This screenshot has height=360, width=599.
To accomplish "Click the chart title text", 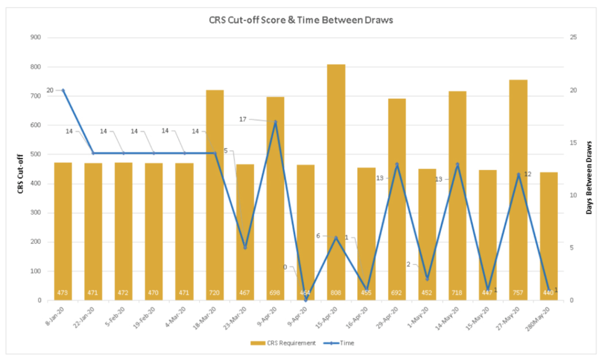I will click(x=300, y=20).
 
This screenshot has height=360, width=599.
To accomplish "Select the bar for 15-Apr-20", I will click(x=336, y=181).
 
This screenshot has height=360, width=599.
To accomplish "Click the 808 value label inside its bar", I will click(x=336, y=293).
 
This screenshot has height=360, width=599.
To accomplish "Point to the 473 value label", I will click(x=63, y=293).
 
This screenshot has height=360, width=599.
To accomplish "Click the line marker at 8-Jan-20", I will click(x=63, y=90).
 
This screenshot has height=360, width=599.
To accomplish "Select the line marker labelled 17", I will click(x=275, y=122).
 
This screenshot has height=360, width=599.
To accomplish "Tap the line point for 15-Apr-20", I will click(x=336, y=237).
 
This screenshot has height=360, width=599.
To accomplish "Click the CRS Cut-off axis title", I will click(x=20, y=170).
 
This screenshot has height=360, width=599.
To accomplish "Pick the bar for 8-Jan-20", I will click(x=63, y=231).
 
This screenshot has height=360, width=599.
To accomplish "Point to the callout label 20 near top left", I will click(x=50, y=90).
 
